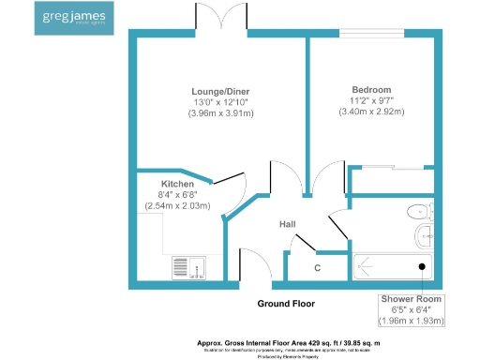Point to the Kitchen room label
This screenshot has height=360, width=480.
[x=177, y=184]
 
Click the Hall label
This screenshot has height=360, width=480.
[x=288, y=225]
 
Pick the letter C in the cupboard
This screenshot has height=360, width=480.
[x=318, y=268]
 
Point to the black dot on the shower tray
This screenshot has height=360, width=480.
[x=422, y=266]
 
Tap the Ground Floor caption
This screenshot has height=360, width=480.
[x=286, y=304]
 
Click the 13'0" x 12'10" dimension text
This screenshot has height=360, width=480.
[x=222, y=102]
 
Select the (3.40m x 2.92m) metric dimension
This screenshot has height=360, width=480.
[x=371, y=112]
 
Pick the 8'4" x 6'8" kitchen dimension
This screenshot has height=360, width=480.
[x=177, y=195]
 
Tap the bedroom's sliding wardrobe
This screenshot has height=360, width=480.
[x=393, y=179]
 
